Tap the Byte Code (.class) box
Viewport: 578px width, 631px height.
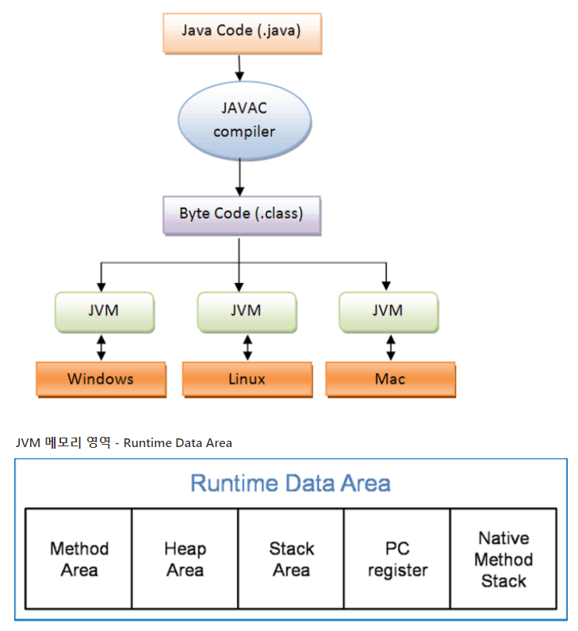click(x=241, y=214)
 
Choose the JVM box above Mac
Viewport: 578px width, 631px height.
click(x=387, y=311)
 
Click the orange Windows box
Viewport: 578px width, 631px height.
click(x=100, y=379)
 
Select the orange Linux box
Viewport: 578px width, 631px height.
click(x=247, y=379)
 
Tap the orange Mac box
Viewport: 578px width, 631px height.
click(x=390, y=379)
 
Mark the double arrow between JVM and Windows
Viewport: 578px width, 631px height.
click(x=100, y=347)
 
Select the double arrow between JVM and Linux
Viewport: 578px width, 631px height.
click(x=247, y=347)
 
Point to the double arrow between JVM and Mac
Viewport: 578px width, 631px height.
click(x=390, y=347)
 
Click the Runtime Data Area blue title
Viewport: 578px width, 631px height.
click(x=290, y=483)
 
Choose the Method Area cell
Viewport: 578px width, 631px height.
click(x=79, y=559)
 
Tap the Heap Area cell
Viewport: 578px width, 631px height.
click(x=185, y=559)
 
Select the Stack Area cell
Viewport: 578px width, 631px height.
click(x=291, y=559)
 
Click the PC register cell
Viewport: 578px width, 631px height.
click(x=397, y=559)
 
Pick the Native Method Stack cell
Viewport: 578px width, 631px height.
click(x=503, y=559)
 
